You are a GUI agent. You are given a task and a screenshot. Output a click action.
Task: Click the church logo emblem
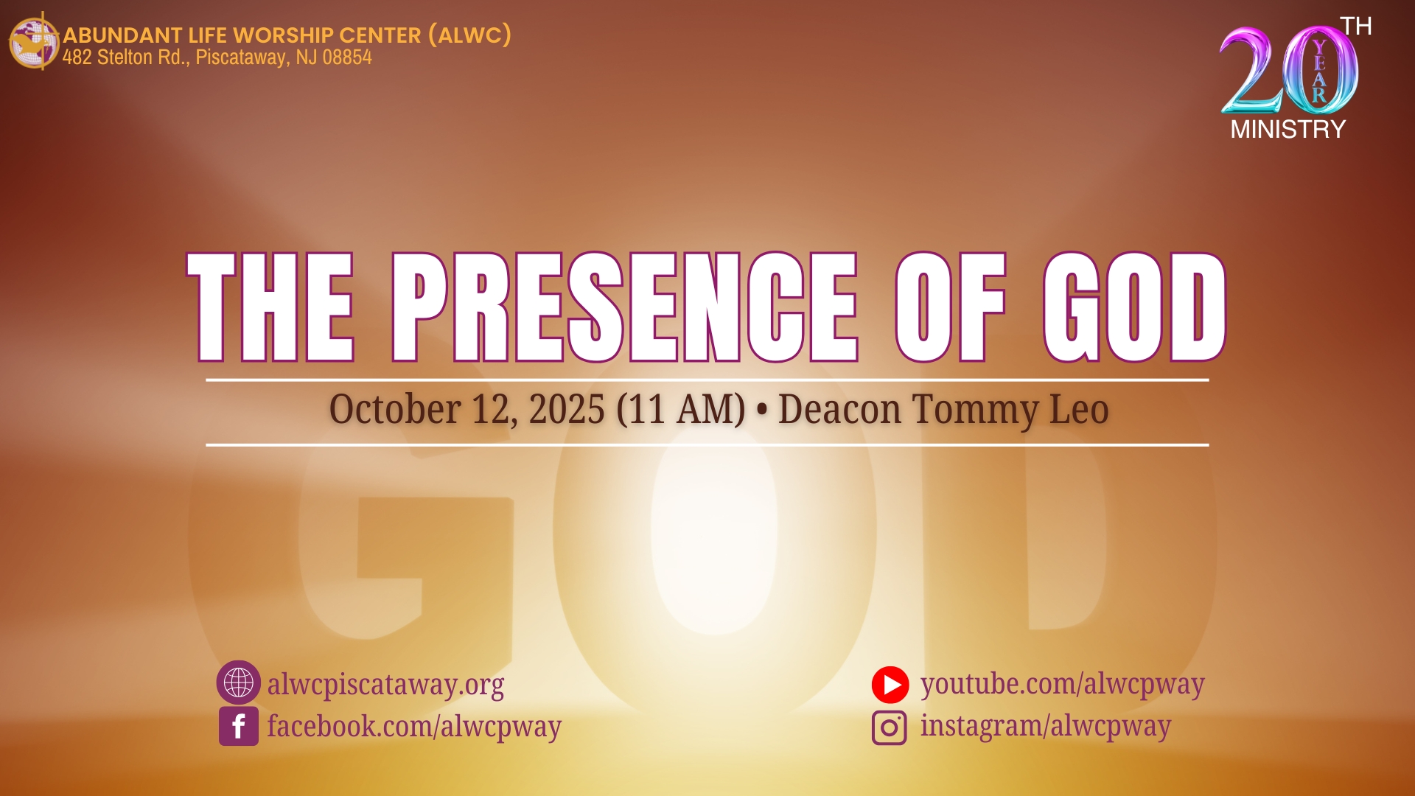(34, 42)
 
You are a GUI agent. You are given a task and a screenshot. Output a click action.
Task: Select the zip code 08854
(347, 57)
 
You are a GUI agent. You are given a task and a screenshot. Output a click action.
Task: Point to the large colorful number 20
(1289, 71)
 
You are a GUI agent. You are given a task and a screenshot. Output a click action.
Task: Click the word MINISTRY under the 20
(1288, 130)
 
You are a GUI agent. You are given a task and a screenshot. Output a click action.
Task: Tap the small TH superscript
(1356, 27)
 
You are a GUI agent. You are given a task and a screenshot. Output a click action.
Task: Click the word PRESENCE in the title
(625, 307)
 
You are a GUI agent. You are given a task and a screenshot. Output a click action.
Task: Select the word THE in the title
(271, 307)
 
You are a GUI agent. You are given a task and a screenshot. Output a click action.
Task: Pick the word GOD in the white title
(1135, 307)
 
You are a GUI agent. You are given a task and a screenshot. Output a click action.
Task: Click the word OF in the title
(951, 307)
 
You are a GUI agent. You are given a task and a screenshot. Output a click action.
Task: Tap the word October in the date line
(395, 409)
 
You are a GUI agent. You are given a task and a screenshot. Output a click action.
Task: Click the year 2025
(567, 409)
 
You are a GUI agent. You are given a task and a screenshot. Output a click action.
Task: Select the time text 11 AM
(681, 409)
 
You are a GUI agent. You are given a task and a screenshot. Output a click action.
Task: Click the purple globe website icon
(238, 682)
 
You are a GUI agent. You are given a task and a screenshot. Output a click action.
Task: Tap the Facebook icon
(239, 726)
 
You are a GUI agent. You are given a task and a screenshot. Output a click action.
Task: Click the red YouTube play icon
(890, 685)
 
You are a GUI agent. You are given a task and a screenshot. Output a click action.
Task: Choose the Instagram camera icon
(890, 727)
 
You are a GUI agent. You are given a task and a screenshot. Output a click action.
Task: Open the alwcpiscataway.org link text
(385, 685)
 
